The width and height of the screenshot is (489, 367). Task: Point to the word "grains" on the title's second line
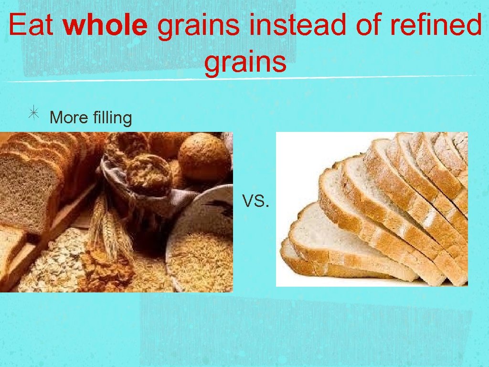click(245, 62)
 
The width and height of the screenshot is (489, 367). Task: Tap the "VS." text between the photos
click(256, 202)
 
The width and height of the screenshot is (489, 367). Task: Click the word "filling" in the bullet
click(113, 118)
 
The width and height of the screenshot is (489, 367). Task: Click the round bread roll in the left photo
click(204, 157)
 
